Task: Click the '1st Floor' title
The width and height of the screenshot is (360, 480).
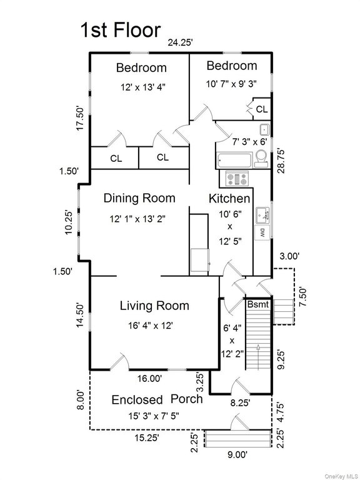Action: coord(120,29)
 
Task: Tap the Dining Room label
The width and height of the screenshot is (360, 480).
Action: coord(139,198)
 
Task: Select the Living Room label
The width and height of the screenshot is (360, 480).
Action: coord(154,306)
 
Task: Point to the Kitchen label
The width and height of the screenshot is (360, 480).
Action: coord(229,198)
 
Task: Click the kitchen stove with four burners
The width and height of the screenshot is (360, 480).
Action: coord(237,179)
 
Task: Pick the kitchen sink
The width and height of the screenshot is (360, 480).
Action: coord(267,214)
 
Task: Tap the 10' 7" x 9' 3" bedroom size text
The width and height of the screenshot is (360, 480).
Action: coord(232,82)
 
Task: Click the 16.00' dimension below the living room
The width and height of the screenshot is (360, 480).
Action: coord(150,378)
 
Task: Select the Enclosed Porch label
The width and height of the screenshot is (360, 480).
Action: coord(157,399)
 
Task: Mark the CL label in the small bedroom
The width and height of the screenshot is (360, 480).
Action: coord(262,109)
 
